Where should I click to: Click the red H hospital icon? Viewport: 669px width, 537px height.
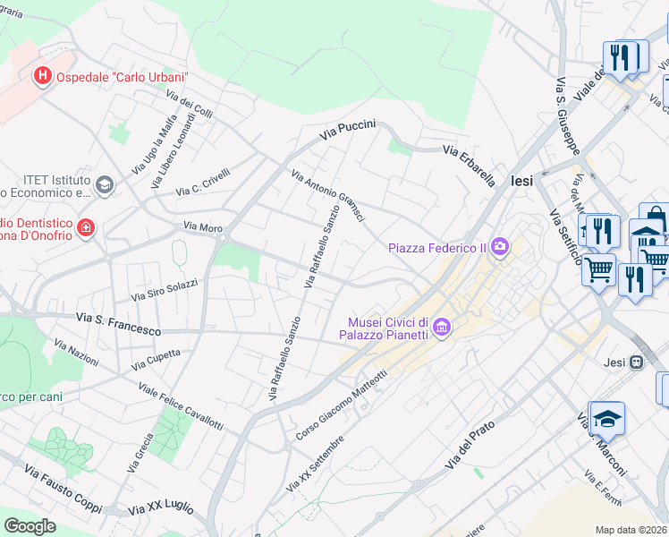click(x=41, y=76)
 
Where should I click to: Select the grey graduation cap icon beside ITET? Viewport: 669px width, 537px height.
click(x=105, y=185)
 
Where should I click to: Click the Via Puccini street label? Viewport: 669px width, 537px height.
click(x=348, y=131)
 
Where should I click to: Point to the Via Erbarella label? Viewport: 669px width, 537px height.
click(x=469, y=166)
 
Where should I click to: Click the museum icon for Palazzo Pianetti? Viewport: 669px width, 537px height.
click(x=441, y=329)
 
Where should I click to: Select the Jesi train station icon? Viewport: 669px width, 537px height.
click(x=636, y=362)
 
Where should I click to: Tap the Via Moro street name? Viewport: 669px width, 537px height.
click(x=202, y=227)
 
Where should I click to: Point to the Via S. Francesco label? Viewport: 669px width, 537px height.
click(x=118, y=324)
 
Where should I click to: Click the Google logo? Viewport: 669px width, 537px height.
click(x=30, y=526)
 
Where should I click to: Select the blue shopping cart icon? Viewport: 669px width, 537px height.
click(x=598, y=268)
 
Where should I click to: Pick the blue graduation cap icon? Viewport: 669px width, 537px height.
click(x=607, y=418)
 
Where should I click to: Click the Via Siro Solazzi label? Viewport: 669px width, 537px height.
click(x=165, y=289)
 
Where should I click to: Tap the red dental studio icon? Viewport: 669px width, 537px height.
click(x=86, y=229)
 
